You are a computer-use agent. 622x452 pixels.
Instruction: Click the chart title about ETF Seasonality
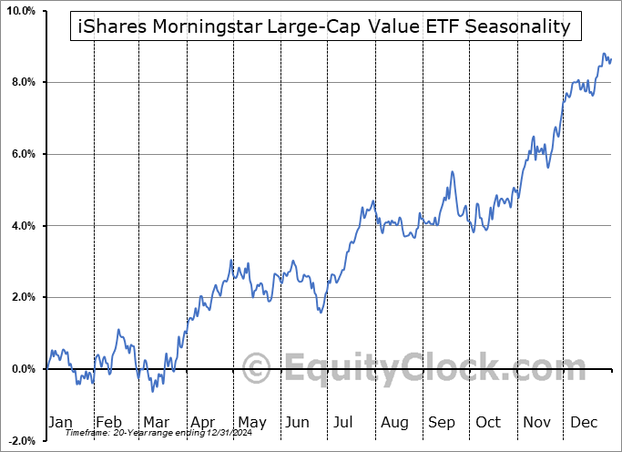click(321, 26)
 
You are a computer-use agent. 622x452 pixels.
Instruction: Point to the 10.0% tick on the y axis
click(20, 11)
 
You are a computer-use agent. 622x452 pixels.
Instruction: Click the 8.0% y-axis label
click(22, 83)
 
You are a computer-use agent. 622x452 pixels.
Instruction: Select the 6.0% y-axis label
click(22, 154)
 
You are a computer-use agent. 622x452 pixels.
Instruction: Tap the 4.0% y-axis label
click(22, 226)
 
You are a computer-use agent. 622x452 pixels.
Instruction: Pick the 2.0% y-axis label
click(22, 297)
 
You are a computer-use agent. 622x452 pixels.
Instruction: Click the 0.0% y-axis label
click(22, 369)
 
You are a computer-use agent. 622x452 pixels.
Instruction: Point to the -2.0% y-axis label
click(20, 441)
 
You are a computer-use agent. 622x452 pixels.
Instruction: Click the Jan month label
click(60, 422)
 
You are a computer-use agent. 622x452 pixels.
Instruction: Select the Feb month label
click(108, 422)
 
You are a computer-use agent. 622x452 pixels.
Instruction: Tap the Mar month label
click(156, 422)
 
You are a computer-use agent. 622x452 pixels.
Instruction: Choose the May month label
click(251, 422)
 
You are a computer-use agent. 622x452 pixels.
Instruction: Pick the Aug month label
click(394, 422)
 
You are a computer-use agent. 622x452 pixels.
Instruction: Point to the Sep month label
click(442, 422)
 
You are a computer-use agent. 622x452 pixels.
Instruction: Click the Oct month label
click(489, 422)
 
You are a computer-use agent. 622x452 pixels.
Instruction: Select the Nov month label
click(537, 422)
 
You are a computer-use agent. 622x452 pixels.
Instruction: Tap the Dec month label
click(585, 422)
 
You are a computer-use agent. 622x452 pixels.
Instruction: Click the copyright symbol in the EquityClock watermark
click(258, 369)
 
